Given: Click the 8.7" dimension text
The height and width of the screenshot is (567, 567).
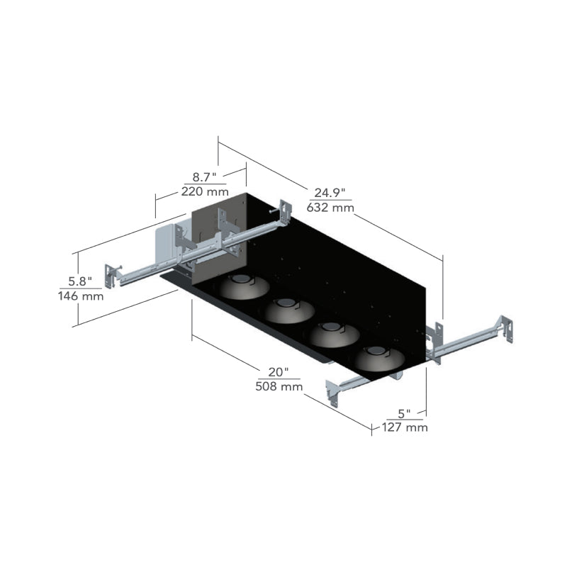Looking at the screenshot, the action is click(204, 177).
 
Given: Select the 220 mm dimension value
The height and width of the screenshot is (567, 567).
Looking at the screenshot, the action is click(205, 191).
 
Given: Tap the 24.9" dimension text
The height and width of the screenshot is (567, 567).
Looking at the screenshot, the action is click(330, 193).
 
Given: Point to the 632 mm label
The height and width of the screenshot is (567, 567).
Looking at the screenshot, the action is click(330, 208).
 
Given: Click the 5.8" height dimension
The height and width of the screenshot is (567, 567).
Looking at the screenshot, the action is click(80, 281).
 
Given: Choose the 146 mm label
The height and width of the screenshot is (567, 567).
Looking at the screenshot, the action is click(81, 296).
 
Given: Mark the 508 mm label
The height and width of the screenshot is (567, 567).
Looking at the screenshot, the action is click(279, 386).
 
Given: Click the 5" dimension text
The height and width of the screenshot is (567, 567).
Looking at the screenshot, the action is click(404, 413).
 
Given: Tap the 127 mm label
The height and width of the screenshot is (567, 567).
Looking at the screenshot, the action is click(405, 427).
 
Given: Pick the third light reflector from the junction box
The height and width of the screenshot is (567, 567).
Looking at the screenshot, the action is click(334, 334).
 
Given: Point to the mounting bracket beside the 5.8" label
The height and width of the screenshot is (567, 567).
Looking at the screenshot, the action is click(111, 276).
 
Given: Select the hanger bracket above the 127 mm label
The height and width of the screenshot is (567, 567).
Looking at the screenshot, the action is click(332, 393).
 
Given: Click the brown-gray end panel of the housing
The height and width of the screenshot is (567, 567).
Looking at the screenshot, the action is click(219, 240).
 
